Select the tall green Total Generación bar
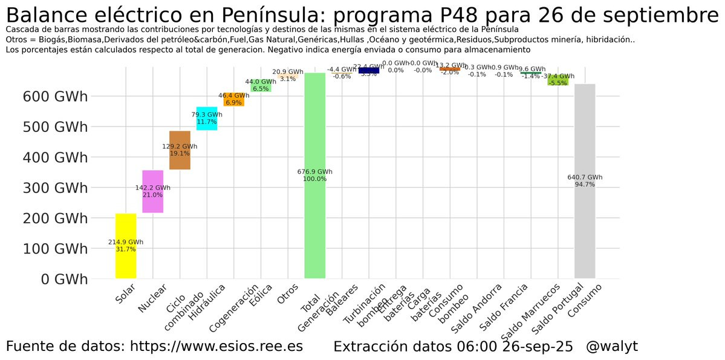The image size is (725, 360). click(314, 230)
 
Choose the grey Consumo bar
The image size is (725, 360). click(585, 230)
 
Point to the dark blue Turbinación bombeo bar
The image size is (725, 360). click(368, 71)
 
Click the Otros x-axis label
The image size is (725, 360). click(287, 298)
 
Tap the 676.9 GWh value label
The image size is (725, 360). click(315, 172)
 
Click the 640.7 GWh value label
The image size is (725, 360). click(585, 177)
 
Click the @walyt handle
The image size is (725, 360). click(611, 347)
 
